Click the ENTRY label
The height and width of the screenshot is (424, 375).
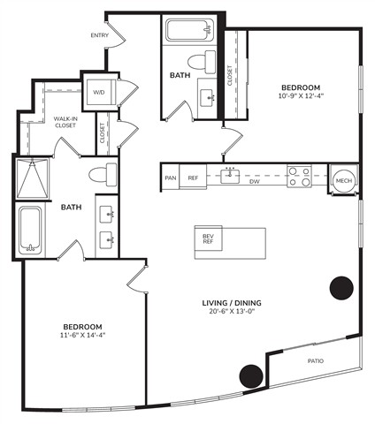pos(100,35)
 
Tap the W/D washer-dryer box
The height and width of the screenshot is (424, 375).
pos(100,92)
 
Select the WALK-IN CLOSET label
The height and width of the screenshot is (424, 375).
pos(65,122)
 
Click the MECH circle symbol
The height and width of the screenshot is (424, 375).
pos(344,180)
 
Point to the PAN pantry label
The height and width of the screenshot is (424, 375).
pos(171,178)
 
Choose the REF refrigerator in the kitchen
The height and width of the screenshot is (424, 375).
pos(193,178)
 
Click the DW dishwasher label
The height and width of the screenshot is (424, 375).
pos(255,182)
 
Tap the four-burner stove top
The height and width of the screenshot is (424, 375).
pos(300,176)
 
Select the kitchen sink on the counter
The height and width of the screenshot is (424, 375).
pos(230,175)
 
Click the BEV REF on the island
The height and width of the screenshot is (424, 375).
pos(208,238)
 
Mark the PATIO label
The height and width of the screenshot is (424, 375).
pos(316,360)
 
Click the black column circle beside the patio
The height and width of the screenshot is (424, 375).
pos(251,376)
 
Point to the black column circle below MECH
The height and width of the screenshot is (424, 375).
pos(341,288)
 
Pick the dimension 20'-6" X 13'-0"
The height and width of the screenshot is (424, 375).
pos(232,311)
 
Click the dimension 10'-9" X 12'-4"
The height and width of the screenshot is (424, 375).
pos(299,95)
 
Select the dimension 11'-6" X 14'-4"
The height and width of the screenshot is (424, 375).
pos(83,335)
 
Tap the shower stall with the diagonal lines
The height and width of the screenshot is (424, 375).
pos(32,178)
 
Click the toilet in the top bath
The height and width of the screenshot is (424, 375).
pos(202,62)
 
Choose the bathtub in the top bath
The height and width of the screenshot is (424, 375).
pos(189,30)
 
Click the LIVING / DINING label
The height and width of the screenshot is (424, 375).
pos(232,303)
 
